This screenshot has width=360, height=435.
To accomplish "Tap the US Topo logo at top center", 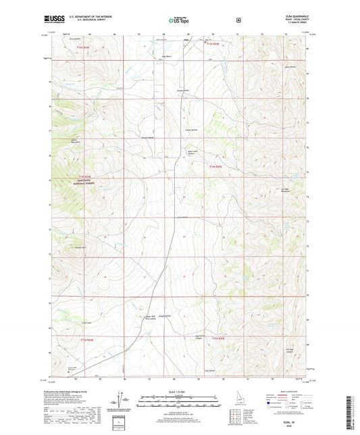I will click(179, 20).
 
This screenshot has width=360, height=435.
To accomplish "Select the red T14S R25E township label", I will click(215, 167).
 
